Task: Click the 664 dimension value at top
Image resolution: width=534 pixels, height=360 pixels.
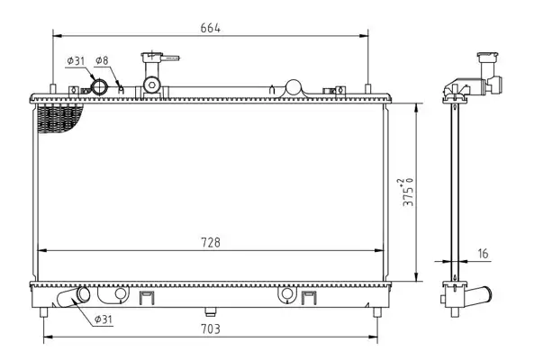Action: pos(210,28)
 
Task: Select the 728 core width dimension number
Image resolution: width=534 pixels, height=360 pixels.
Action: pos(211,243)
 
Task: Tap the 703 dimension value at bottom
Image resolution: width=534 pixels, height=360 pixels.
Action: pos(211,329)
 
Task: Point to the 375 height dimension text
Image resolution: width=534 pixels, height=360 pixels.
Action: pos(408,192)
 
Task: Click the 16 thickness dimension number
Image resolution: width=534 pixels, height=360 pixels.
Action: pos(483,254)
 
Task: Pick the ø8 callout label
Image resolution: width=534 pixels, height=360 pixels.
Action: pos(102,60)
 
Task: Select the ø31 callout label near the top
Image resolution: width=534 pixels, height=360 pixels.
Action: pos(76,61)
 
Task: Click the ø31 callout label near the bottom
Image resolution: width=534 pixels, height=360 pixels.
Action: pos(104,319)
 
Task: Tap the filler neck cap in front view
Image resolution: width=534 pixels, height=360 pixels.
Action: pos(151,56)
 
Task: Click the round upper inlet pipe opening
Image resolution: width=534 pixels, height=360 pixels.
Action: pos(100,86)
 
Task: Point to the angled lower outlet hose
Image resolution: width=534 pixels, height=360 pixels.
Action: pos(73,297)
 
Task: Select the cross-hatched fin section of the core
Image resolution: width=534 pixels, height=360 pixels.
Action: pos(59,117)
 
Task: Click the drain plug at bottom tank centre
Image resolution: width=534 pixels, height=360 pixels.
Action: pos(211,311)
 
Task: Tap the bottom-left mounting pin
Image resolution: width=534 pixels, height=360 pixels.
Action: pos(43,312)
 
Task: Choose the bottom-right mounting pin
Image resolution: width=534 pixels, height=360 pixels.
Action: pos(377,312)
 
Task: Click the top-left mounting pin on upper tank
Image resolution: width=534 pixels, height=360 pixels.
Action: pos(53,88)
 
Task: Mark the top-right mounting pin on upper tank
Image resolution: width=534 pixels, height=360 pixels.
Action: pos(367,88)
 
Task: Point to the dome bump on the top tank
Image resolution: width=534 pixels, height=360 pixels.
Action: pos(294,87)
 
